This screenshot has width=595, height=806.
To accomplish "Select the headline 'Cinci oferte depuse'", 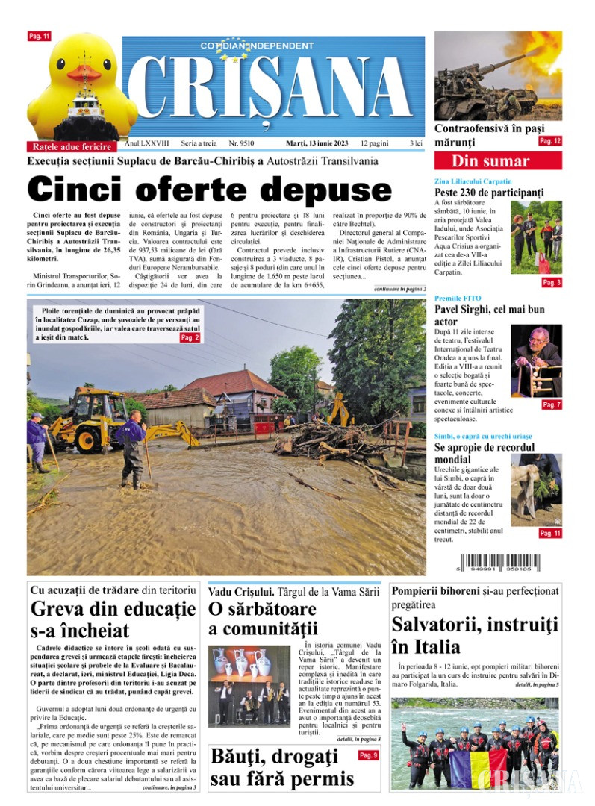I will pyautogui.click(x=209, y=189).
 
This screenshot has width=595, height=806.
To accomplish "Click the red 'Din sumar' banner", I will pyautogui.click(x=490, y=161).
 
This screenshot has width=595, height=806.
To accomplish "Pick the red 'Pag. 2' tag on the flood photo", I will pyautogui.click(x=190, y=337).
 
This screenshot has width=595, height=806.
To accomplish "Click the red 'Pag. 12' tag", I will pyautogui.click(x=550, y=140).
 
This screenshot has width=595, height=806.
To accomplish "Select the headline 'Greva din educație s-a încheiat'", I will pyautogui.click(x=113, y=619).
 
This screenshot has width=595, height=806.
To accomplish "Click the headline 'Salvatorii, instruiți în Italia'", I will pyautogui.click(x=475, y=635).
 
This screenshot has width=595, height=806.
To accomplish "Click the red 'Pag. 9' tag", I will pyautogui.click(x=369, y=755).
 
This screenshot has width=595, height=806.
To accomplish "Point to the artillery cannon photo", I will pyautogui.click(x=498, y=75).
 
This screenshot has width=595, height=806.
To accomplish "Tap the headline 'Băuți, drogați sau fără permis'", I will pyautogui.click(x=281, y=768).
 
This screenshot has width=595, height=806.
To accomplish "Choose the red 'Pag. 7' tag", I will pyautogui.click(x=551, y=404).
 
